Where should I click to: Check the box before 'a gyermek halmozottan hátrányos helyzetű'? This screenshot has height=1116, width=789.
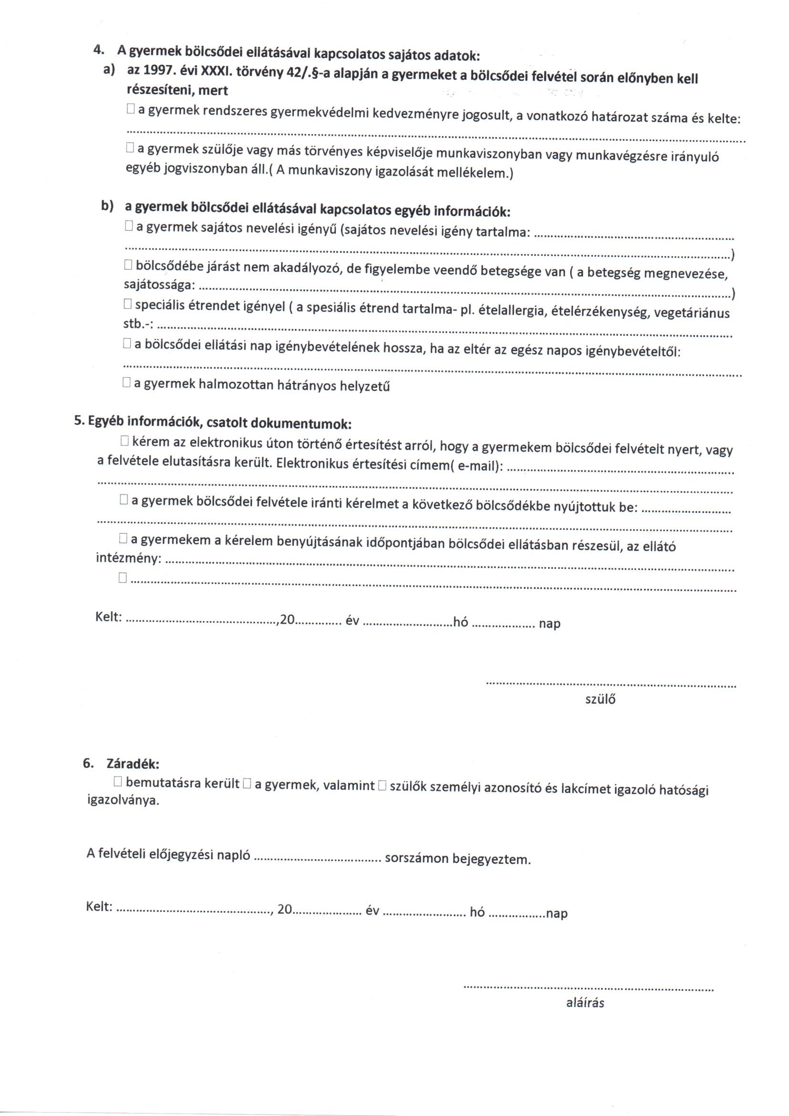[126, 382]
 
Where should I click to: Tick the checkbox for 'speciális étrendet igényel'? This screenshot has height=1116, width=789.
[127, 304]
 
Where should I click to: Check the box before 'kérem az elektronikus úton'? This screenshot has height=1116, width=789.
[124, 441]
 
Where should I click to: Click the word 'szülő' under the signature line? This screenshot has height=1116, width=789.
[600, 699]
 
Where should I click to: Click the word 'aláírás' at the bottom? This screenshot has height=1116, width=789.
[585, 1002]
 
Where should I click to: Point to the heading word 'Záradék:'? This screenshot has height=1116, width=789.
[133, 764]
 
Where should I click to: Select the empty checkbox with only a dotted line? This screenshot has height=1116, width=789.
[123, 578]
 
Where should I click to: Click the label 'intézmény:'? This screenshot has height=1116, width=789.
[128, 558]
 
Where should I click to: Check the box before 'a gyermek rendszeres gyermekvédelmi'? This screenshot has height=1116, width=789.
[130, 109]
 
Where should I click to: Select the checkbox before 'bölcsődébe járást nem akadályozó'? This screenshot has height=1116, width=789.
[128, 265]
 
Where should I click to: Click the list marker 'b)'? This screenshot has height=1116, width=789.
[107, 206]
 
